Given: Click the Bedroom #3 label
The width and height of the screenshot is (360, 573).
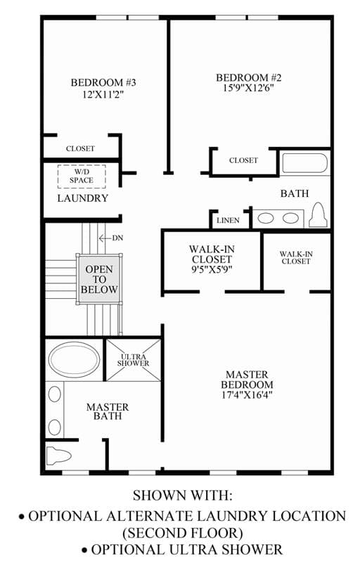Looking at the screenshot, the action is (x=103, y=82).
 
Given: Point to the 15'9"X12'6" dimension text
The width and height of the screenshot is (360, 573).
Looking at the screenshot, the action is (x=248, y=88).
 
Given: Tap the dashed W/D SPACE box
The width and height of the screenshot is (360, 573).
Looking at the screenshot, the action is (x=82, y=176).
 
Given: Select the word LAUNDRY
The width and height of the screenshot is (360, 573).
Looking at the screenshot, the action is (x=83, y=198).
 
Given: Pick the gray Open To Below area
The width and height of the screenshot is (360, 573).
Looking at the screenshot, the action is (x=99, y=279).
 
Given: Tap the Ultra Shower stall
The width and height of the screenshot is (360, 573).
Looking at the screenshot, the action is (x=133, y=360).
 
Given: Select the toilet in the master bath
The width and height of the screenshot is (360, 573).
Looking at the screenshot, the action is (x=59, y=456).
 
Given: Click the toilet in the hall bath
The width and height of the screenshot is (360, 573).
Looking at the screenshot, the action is (x=317, y=215).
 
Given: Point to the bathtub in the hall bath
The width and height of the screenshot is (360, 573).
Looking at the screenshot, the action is (x=305, y=163).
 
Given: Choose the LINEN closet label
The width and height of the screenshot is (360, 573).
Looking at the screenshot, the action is (x=228, y=221).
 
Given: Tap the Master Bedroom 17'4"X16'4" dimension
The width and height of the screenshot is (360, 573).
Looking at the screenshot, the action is (x=247, y=395).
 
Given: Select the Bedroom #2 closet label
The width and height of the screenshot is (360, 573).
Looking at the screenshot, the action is (x=243, y=160).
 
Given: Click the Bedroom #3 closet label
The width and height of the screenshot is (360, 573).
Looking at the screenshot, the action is (x=80, y=149).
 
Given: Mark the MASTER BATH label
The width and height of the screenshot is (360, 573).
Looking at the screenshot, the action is (x=108, y=411).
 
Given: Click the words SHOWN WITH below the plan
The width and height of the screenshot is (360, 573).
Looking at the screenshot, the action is (x=182, y=496).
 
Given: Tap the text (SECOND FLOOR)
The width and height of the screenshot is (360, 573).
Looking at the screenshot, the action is (x=182, y=533).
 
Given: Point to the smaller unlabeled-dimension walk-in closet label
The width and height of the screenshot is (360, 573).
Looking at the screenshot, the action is (x=296, y=257).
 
